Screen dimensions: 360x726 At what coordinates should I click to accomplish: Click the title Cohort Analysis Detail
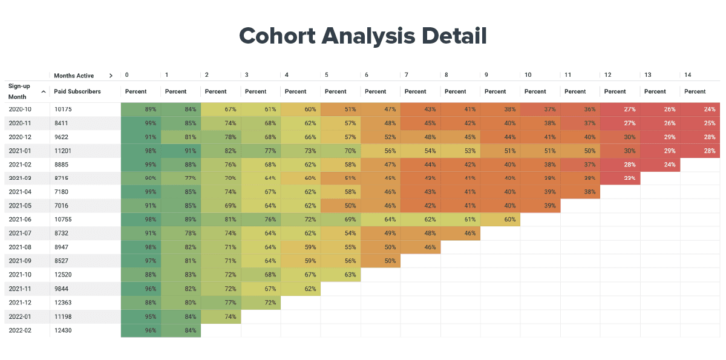363,36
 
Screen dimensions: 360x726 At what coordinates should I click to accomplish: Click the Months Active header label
74,76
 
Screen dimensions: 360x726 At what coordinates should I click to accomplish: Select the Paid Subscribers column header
77,91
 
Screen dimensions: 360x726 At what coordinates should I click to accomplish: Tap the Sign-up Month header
19,91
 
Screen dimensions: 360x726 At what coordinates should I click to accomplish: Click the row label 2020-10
20,110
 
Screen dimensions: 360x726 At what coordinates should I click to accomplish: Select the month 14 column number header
687,75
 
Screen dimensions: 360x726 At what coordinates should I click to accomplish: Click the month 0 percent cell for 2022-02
141,330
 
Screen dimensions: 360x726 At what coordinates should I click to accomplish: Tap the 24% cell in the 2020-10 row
700,110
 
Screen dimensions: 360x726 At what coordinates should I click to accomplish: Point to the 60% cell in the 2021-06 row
500,220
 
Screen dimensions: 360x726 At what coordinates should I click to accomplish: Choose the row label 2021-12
20,303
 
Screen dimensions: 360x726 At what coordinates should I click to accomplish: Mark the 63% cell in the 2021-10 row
341,275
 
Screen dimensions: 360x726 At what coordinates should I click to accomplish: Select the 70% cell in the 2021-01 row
341,151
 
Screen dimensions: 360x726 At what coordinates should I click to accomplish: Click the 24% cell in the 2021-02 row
660,165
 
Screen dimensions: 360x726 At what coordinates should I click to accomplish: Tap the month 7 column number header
407,75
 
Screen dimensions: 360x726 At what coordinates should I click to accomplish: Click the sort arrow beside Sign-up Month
44,92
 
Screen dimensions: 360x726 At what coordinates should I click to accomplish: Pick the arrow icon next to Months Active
111,76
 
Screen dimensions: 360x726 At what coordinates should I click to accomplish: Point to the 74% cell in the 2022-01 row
221,316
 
